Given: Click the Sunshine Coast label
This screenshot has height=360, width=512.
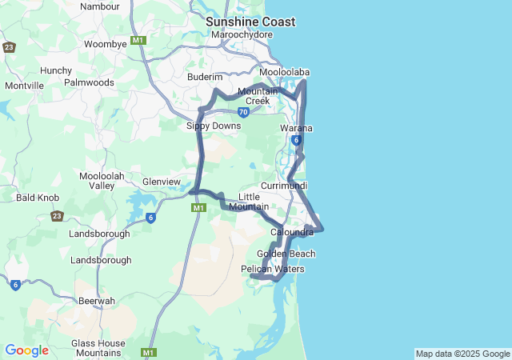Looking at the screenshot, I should (x=250, y=22).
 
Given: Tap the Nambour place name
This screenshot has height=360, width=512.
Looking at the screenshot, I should (x=100, y=6).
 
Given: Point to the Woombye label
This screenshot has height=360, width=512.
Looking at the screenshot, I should (x=106, y=45).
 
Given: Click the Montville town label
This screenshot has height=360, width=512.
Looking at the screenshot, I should (x=24, y=86).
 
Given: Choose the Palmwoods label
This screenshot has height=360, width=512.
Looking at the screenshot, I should (x=89, y=82).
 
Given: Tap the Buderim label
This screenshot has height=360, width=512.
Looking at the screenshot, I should (x=203, y=77).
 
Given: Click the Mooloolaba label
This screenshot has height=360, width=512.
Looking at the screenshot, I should (x=284, y=73).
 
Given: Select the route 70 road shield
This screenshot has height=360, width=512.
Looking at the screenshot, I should (x=243, y=112).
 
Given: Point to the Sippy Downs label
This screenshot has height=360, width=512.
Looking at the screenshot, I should (x=214, y=126).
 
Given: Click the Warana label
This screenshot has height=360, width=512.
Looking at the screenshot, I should (x=296, y=128).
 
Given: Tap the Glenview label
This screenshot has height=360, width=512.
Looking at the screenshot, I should (x=162, y=182).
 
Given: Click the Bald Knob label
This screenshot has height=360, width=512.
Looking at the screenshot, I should (x=34, y=197).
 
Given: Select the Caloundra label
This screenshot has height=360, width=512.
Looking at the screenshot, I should (x=292, y=232).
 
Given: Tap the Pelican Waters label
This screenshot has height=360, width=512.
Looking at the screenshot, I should (x=273, y=270).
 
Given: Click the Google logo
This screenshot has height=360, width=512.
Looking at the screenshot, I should (x=26, y=350).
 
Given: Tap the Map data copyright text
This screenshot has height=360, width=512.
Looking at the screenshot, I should (x=462, y=354).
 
